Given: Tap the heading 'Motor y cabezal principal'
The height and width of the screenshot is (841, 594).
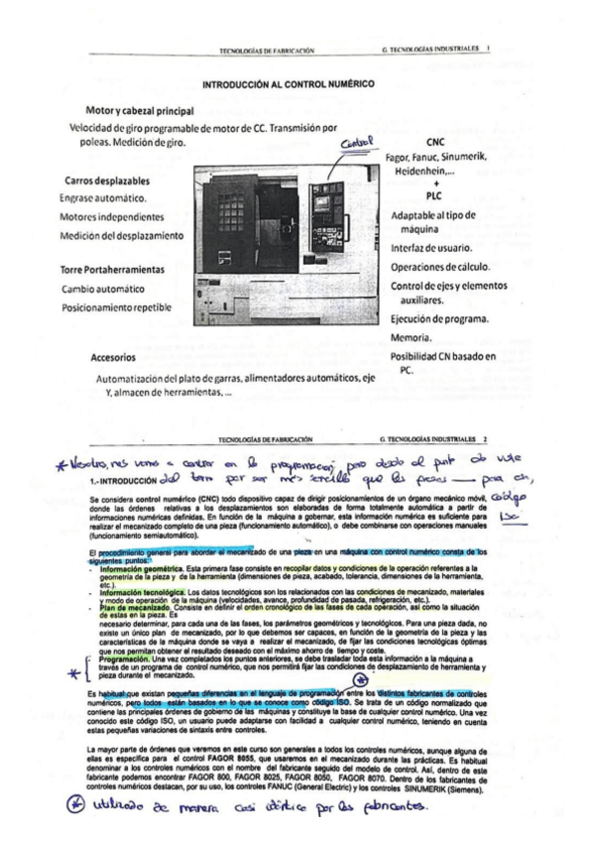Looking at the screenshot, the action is pyautogui.click(x=139, y=110).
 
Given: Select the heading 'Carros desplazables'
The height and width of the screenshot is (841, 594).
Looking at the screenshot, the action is pyautogui.click(x=107, y=181).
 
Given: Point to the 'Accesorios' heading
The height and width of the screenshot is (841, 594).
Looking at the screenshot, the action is pyautogui.click(x=112, y=357).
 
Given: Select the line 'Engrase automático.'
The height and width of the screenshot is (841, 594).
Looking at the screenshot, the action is pyautogui.click(x=104, y=199).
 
